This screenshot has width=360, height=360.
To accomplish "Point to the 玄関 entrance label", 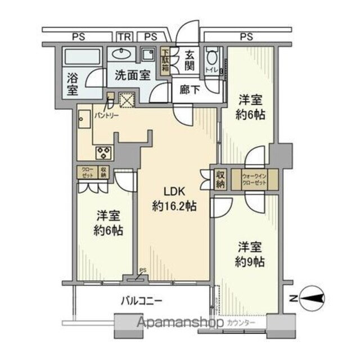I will tap(190, 60).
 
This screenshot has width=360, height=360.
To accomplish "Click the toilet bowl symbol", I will tap(212, 58).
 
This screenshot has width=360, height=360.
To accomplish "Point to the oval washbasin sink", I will tap(120, 55).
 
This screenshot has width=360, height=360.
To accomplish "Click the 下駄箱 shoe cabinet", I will tap(166, 61).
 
